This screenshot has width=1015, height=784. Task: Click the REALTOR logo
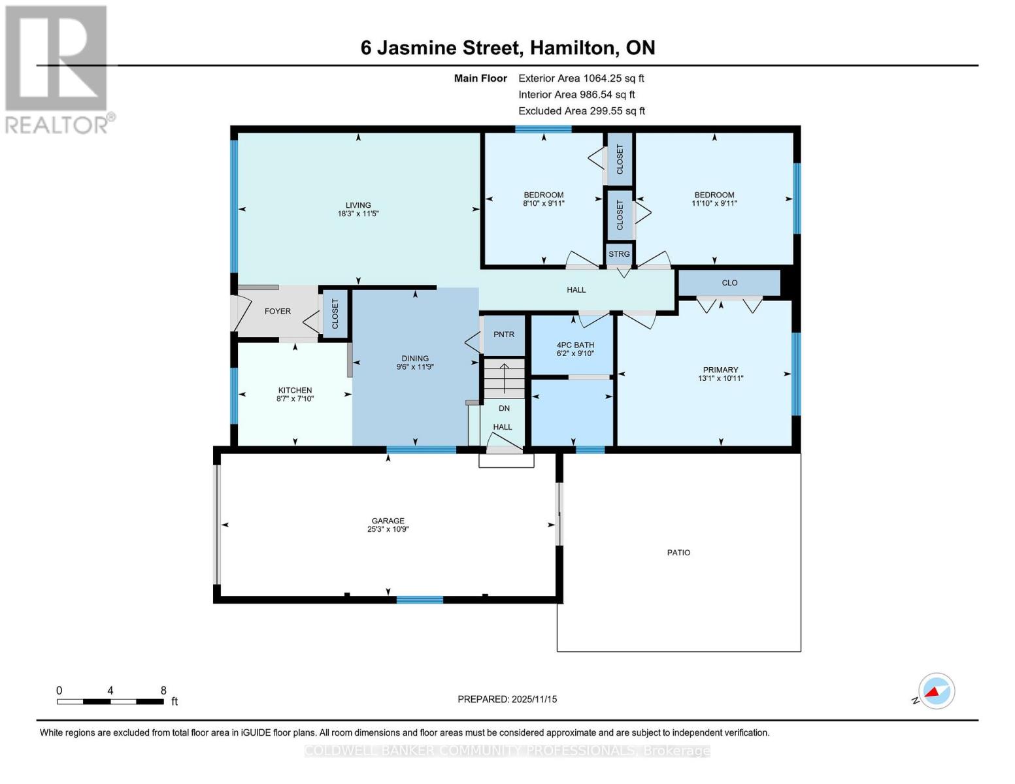pyautogui.click(x=57, y=69)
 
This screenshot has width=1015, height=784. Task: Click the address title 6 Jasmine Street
pyautogui.click(x=507, y=48)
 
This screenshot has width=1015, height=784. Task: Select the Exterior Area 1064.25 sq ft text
pyautogui.click(x=581, y=78)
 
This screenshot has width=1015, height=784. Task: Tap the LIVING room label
pyautogui.click(x=358, y=205)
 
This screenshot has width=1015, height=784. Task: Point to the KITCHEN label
pyautogui.click(x=295, y=390)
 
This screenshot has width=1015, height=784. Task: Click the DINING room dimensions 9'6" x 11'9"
pyautogui.click(x=415, y=367)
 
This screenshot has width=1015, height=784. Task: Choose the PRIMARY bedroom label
pyautogui.click(x=720, y=370)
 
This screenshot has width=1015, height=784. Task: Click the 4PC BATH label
pyautogui.click(x=575, y=345)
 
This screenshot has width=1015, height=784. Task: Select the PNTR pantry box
pyautogui.click(x=504, y=335)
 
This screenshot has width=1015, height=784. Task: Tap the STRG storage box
pyautogui.click(x=619, y=254)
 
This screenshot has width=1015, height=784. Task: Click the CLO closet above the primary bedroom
pyautogui.click(x=729, y=283)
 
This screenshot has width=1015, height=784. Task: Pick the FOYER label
pyautogui.click(x=278, y=311)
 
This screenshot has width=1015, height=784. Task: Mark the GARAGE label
pyautogui.click(x=388, y=521)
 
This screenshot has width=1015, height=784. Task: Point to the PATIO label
pyautogui.click(x=678, y=553)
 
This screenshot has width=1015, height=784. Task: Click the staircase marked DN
pyautogui.click(x=504, y=379)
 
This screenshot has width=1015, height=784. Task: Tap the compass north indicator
pyautogui.click(x=936, y=691)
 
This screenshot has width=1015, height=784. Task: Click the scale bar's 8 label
pyautogui.click(x=163, y=691)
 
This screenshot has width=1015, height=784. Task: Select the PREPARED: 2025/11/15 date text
pyautogui.click(x=507, y=699)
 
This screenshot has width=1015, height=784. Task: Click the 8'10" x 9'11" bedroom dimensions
pyautogui.click(x=544, y=203)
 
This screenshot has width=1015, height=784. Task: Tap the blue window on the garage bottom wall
pyautogui.click(x=420, y=600)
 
